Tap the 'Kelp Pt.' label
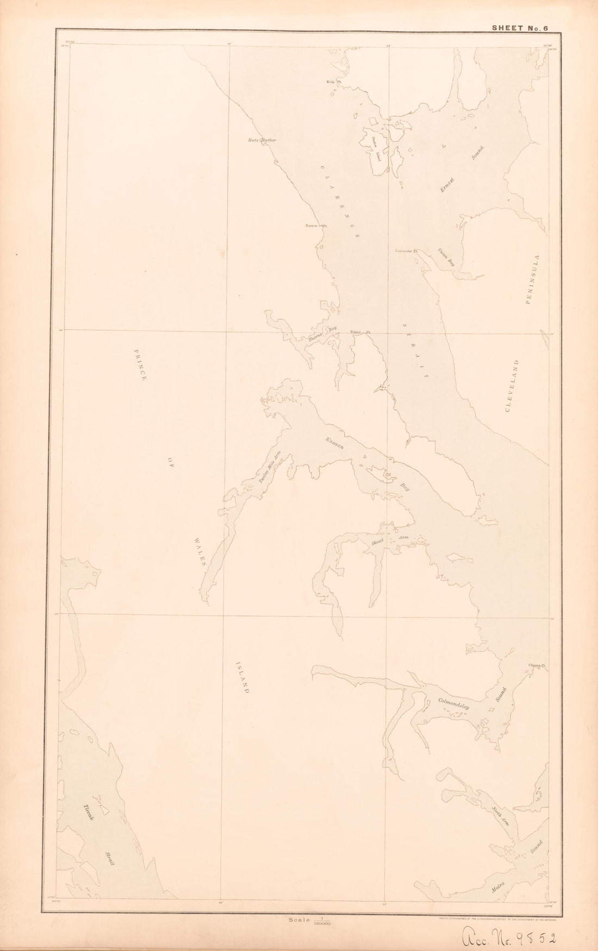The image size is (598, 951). pos(333,82)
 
